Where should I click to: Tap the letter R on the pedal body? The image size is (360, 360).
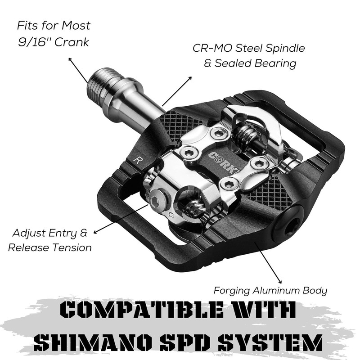137,160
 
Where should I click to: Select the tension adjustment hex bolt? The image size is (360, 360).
158,198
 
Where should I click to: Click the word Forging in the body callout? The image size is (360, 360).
232,291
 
